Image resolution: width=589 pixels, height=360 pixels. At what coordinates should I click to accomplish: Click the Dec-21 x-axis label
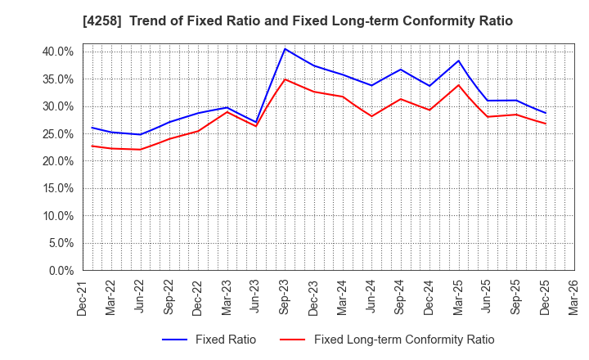coord(83,299)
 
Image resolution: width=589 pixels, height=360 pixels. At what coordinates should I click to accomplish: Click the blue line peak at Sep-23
coord(285,48)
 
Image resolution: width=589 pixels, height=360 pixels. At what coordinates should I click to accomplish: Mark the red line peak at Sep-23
coord(285,79)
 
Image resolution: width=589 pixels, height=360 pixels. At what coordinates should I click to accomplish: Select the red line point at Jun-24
coord(371,116)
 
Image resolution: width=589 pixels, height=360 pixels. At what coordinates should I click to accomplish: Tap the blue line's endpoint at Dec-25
coord(546,113)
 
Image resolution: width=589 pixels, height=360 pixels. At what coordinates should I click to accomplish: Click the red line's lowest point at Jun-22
coord(140,149)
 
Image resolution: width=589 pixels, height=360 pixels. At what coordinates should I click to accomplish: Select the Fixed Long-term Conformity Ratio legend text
coord(404,340)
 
